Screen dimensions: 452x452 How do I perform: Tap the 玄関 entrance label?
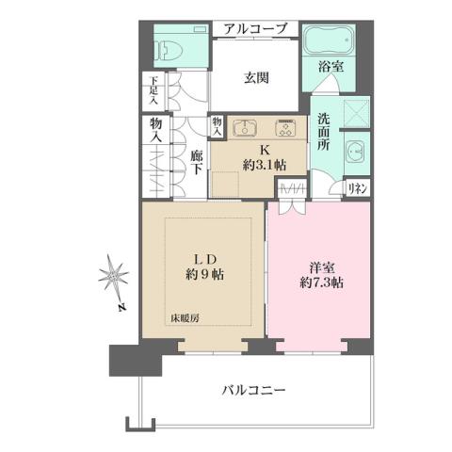click(x=253, y=77)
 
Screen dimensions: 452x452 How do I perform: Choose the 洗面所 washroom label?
click(x=322, y=133)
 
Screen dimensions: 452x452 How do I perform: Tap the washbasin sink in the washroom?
click(x=355, y=151)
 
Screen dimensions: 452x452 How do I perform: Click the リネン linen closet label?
click(x=357, y=187)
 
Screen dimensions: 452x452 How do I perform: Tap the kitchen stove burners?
click(x=283, y=128)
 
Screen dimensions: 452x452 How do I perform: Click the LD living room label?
click(x=208, y=259)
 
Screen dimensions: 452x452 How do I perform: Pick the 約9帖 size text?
click(x=208, y=277)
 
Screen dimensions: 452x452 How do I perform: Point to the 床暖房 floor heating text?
click(x=185, y=318)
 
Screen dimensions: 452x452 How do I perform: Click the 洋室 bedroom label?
click(x=312, y=266)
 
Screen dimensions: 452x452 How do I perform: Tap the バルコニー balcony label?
click(x=255, y=389)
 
